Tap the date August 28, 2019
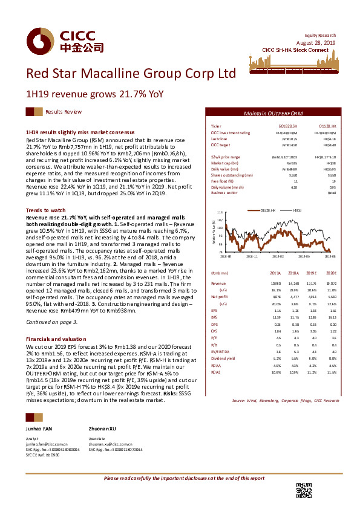(319, 42)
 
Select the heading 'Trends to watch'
(42, 209)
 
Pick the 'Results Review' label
(64, 112)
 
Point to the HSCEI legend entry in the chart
(298, 210)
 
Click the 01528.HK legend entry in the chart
(268, 210)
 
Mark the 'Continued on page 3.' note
(51, 322)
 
